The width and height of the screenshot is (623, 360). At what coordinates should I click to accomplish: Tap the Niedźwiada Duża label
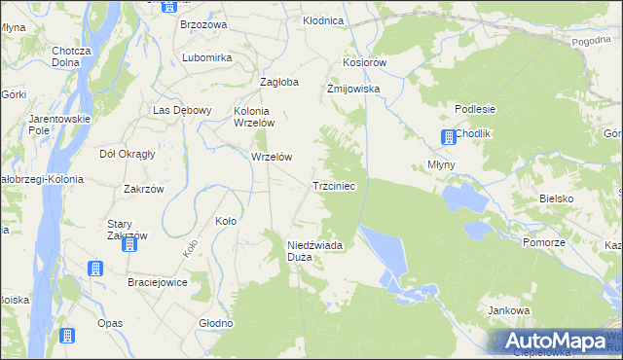(x=313, y=251)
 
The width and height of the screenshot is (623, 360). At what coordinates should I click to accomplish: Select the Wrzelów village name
(x=272, y=156)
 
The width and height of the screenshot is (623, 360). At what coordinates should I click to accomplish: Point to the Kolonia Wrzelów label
(x=255, y=117)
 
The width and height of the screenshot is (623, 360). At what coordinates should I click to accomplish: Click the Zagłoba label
(x=278, y=82)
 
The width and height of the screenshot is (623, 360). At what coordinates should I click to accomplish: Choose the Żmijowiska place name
(x=352, y=88)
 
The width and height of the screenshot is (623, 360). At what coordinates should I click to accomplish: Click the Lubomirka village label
(x=206, y=57)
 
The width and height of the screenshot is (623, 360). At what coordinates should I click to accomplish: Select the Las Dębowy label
(x=182, y=110)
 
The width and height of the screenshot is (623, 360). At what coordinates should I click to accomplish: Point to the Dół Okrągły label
(x=128, y=154)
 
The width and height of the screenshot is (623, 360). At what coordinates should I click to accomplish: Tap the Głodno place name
(x=215, y=323)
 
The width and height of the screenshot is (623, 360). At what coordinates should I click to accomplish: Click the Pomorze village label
(x=543, y=242)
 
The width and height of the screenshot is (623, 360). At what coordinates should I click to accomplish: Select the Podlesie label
(x=475, y=109)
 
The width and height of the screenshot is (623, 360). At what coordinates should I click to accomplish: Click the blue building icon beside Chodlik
(x=447, y=137)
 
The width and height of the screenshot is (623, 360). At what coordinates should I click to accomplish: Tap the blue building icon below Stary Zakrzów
(x=129, y=245)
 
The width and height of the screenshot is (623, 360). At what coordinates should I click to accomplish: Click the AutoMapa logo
(x=555, y=341)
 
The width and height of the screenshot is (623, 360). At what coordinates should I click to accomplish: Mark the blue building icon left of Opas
(x=67, y=336)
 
